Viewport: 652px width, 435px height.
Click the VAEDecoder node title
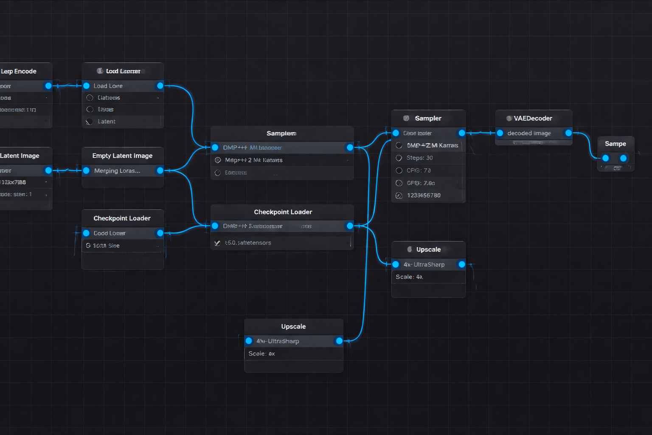tap(533, 119)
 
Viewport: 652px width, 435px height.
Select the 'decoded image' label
tap(529, 133)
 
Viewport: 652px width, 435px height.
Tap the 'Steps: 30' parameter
tap(419, 158)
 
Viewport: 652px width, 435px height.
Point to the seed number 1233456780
tap(424, 195)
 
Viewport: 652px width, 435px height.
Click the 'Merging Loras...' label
tap(117, 171)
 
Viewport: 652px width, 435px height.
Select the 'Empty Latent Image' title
tap(122, 156)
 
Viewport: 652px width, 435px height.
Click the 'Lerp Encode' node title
tap(19, 71)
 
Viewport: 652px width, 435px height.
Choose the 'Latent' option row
tap(107, 121)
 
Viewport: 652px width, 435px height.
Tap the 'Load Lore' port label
tap(108, 86)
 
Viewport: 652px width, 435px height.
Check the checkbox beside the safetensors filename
tap(217, 243)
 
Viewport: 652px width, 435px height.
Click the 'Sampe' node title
tap(615, 144)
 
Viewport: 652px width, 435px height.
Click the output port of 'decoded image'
tap(568, 133)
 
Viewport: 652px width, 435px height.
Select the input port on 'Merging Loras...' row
tap(86, 171)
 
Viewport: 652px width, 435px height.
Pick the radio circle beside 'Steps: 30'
tap(399, 158)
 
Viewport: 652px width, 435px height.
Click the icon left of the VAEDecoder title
tap(509, 119)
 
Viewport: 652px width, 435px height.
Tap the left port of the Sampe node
tap(606, 158)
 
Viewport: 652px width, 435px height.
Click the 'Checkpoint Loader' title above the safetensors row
tap(283, 212)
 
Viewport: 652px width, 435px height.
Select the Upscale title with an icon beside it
tap(428, 250)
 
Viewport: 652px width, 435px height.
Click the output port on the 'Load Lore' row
tap(160, 86)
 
